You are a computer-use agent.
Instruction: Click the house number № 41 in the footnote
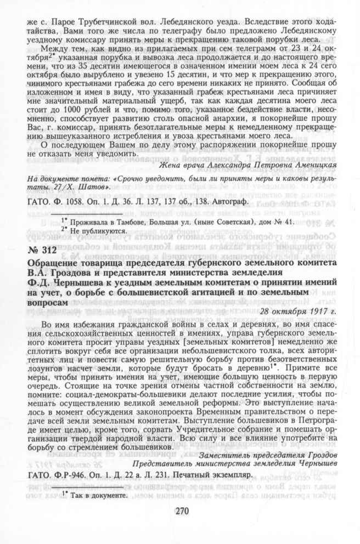284,221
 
